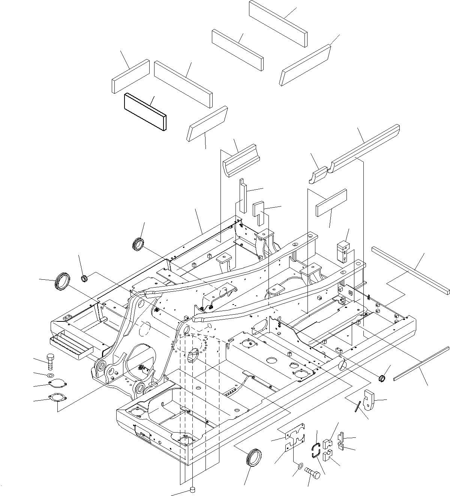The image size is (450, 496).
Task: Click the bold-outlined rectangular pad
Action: coord(145,112)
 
